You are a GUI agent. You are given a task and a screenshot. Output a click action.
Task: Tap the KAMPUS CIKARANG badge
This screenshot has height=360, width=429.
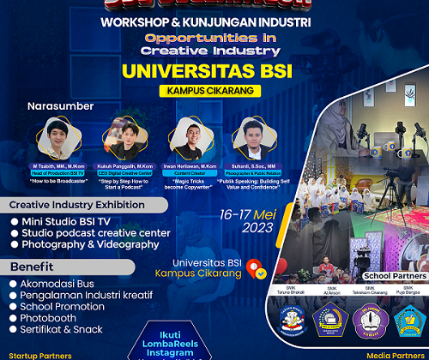pyautogui.click(x=214, y=90)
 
